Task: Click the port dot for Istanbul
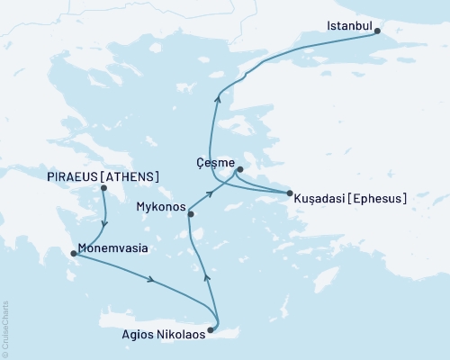point(377,31)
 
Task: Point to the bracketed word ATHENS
point(131,176)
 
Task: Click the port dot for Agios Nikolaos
point(211,330)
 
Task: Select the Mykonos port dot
point(189,213)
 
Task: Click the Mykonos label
point(158,207)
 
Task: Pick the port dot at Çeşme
point(239,168)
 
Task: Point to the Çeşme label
point(213,163)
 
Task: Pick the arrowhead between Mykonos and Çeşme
point(210,193)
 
